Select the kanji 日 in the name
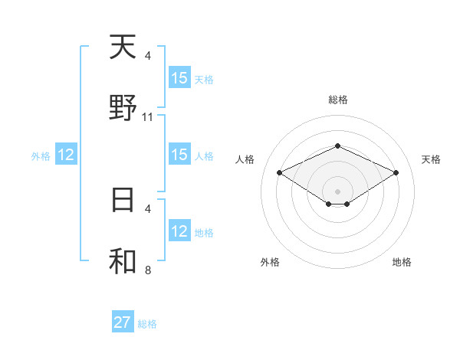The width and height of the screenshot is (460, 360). coord(123,199)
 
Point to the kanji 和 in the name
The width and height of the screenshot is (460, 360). coord(123,260)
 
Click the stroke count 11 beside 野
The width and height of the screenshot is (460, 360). coord(148,117)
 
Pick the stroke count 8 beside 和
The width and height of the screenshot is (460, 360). coord(148,270)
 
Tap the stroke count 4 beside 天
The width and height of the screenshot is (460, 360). coord(148,56)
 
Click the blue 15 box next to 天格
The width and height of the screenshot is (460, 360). coord(179,78)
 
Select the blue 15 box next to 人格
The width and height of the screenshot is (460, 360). coord(179,155)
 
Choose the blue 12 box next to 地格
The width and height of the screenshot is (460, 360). coord(179,231)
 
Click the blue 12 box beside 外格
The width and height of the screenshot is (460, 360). coord(66,155)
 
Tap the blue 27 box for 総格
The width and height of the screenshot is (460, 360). coord(123,322)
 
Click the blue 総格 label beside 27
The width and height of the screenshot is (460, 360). coord(147,324)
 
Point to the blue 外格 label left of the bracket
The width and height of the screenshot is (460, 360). coord(41,156)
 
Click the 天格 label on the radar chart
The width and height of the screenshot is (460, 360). coord(431,159)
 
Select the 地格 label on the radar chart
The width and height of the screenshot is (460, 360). coord(402,262)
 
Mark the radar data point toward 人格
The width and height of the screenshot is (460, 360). coord(279,172)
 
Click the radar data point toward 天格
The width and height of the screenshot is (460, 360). coord(396,172)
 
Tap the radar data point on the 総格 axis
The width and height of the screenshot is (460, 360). coord(337,146)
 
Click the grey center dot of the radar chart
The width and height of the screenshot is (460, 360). coord(337,191)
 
